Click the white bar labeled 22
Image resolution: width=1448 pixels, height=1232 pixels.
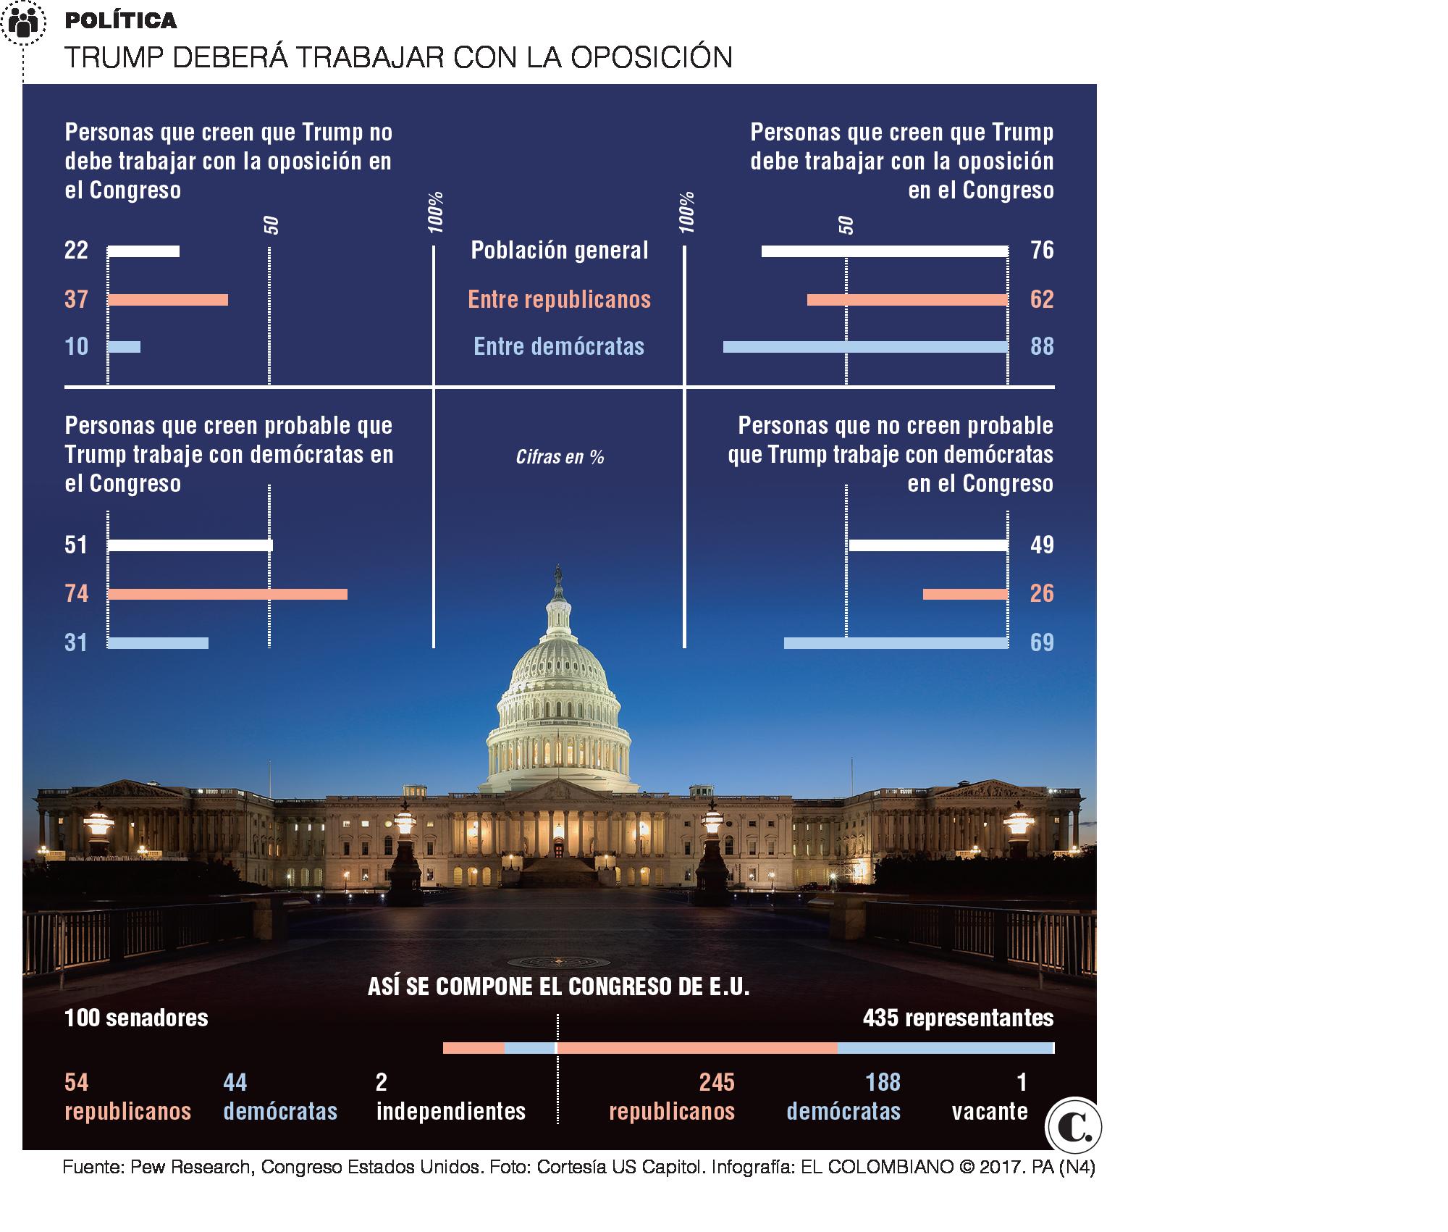pyautogui.click(x=143, y=251)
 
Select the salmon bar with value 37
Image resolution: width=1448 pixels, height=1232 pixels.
pyautogui.click(x=168, y=300)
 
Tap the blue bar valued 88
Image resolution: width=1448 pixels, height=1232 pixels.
pyautogui.click(x=865, y=347)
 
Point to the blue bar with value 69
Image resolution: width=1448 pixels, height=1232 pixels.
pyautogui.click(x=896, y=643)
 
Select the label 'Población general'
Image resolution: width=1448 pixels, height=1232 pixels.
pyautogui.click(x=560, y=251)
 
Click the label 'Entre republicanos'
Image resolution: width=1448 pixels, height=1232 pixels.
pyautogui.click(x=560, y=300)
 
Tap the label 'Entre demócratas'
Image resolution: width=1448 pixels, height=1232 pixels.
pyautogui.click(x=559, y=347)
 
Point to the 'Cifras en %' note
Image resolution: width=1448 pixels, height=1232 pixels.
pyautogui.click(x=560, y=457)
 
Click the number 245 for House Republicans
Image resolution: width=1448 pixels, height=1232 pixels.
pyautogui.click(x=717, y=1082)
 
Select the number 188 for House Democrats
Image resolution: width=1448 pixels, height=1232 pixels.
pyautogui.click(x=883, y=1082)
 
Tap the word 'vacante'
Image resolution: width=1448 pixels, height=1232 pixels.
pyautogui.click(x=990, y=1111)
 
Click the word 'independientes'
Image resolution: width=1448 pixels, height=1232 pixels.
pyautogui.click(x=451, y=1111)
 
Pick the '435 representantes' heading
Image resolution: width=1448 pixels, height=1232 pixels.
pyautogui.click(x=958, y=1018)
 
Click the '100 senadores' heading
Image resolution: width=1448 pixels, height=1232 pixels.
pyautogui.click(x=136, y=1018)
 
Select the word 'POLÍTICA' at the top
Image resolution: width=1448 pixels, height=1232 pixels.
pyautogui.click(x=121, y=21)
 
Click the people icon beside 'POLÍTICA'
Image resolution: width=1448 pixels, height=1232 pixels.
pyautogui.click(x=24, y=23)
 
